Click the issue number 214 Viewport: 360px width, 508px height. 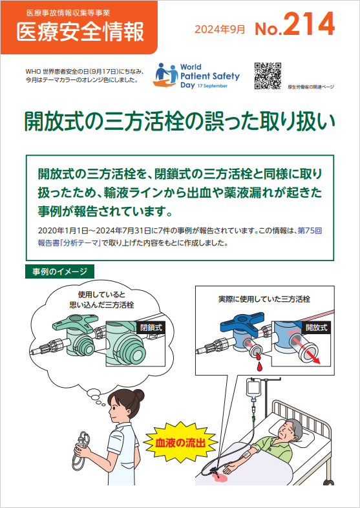[310, 24]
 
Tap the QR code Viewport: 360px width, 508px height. [268, 76]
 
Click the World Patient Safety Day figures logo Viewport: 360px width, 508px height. [167, 75]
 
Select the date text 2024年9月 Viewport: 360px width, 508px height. [220, 30]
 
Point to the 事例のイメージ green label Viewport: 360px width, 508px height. [59, 271]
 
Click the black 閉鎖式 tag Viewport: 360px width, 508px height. [151, 327]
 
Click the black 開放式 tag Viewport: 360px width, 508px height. [316, 328]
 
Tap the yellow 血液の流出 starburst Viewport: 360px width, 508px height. [180, 442]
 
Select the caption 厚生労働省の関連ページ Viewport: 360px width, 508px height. [310, 87]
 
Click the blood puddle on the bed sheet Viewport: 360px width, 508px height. [219, 477]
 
